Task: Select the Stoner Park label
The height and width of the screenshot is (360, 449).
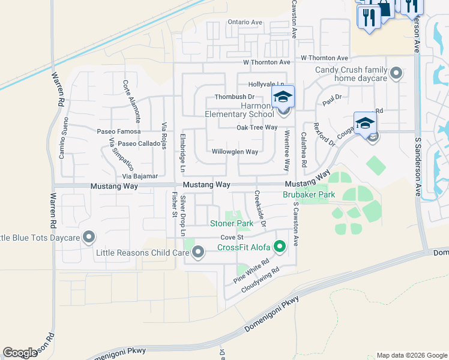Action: pos(231,224)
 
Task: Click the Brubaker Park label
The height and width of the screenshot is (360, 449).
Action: pos(309,195)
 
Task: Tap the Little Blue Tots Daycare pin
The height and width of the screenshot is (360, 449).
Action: pos(89,238)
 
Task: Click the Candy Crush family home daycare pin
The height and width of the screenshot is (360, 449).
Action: pos(396,74)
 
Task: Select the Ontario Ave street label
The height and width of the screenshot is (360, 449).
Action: pos(245,22)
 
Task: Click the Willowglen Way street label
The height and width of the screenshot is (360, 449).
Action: pos(235,152)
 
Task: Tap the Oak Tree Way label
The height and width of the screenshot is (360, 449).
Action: pos(256,127)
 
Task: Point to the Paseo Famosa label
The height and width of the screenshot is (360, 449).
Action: pos(118,131)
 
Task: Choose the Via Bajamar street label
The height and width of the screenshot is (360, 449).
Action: pos(140,176)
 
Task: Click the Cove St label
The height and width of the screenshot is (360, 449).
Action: pos(231,238)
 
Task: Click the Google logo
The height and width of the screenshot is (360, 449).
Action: pos(20,353)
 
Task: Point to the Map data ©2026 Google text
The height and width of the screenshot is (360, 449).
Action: pos(411,355)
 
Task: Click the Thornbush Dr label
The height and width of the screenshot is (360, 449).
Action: pos(235,97)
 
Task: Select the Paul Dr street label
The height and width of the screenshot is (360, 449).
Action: pos(331,100)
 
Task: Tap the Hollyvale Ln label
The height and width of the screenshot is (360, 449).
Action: pos(266,85)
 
